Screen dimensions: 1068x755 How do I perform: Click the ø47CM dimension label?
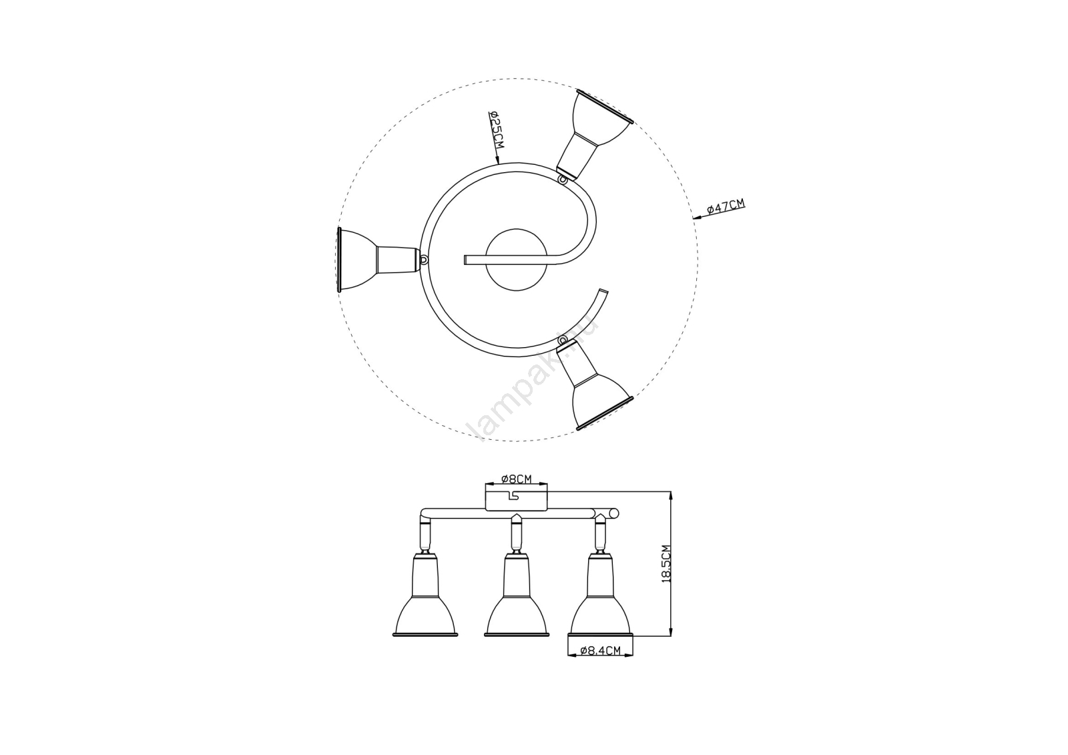[x=726, y=206]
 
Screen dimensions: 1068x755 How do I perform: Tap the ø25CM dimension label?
[x=496, y=130]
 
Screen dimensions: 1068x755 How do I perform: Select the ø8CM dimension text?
[x=517, y=479]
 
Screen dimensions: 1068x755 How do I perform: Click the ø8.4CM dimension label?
[x=601, y=650]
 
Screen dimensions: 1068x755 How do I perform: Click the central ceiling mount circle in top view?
[x=517, y=260]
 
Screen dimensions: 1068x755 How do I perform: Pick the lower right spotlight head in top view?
[x=594, y=387]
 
